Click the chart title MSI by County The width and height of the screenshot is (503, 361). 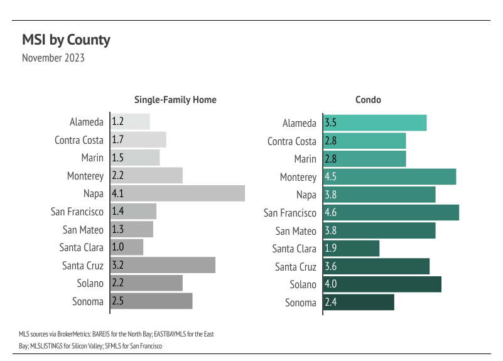(x=66, y=40)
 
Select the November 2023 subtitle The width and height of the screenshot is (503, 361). (x=53, y=58)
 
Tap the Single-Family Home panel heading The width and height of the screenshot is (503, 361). (x=175, y=100)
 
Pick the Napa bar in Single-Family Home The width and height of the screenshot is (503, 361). (x=178, y=193)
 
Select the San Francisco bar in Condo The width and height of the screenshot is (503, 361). (x=391, y=212)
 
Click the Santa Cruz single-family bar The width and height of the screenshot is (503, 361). (x=163, y=265)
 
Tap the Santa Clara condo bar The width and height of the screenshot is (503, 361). (x=352, y=249)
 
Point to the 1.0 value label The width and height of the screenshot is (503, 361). (x=117, y=247)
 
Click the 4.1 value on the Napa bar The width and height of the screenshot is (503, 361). (x=117, y=193)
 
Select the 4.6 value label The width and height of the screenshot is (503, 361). (x=331, y=213)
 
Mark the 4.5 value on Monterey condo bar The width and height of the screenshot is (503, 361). (x=331, y=177)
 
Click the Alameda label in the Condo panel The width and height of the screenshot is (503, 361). (x=299, y=123)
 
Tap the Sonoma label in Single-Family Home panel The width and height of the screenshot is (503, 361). (x=87, y=301)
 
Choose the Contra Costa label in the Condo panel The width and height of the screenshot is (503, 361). (x=291, y=141)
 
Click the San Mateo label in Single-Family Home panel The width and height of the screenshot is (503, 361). (x=83, y=230)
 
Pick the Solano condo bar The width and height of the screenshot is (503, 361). (x=382, y=284)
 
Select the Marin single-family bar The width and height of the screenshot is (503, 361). (x=135, y=158)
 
